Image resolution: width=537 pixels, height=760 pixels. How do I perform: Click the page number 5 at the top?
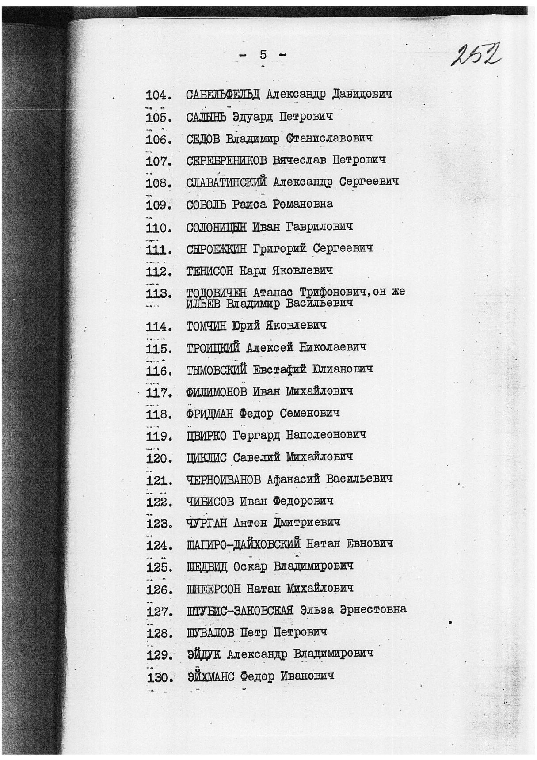(263, 55)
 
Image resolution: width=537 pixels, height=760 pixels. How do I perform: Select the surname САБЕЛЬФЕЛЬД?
(223, 95)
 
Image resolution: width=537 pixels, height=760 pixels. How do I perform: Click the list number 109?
(158, 205)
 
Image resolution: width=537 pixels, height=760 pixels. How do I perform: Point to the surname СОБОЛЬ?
(206, 205)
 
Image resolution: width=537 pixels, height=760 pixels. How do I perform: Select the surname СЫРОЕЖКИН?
(216, 249)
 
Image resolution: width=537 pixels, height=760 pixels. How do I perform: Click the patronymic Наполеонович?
(326, 435)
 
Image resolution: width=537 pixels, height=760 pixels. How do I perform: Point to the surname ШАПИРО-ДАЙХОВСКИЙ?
(243, 544)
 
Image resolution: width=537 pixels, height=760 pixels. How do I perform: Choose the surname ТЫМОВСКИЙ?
(216, 369)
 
